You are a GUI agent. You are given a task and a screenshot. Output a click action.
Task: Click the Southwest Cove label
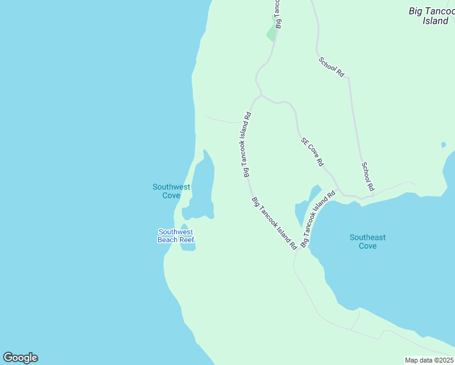[x=171, y=191]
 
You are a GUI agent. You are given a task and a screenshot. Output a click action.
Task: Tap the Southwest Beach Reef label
[x=176, y=235]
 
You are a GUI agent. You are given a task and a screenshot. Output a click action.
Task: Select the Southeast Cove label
[x=367, y=242]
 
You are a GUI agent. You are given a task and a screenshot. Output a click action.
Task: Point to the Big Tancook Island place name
[x=431, y=16]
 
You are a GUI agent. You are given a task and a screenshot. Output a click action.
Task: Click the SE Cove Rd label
[x=312, y=152]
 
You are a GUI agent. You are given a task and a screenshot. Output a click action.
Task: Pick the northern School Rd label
[x=332, y=66]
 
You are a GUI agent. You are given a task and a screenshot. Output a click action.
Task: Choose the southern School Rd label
[x=367, y=176]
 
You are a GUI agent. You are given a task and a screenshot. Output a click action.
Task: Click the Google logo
[x=20, y=358]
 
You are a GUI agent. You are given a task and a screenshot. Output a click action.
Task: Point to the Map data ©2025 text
[x=428, y=360]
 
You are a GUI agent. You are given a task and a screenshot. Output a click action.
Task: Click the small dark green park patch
[x=272, y=34]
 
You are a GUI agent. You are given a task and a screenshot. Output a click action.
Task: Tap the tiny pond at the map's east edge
[x=443, y=145]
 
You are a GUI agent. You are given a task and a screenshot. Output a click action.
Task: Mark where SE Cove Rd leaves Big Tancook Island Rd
[x=261, y=96]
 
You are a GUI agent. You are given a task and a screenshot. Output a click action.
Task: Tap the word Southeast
[x=367, y=237]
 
